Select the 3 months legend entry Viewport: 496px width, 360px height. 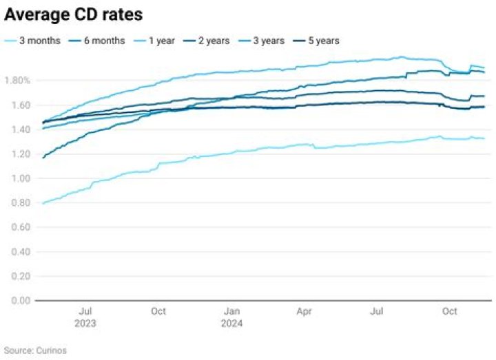coord(39,41)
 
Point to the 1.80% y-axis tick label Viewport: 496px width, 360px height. coord(17,81)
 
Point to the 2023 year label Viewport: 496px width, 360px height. coord(86,323)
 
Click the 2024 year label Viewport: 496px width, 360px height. coord(232,323)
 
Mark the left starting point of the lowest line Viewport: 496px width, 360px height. coord(43,203)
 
